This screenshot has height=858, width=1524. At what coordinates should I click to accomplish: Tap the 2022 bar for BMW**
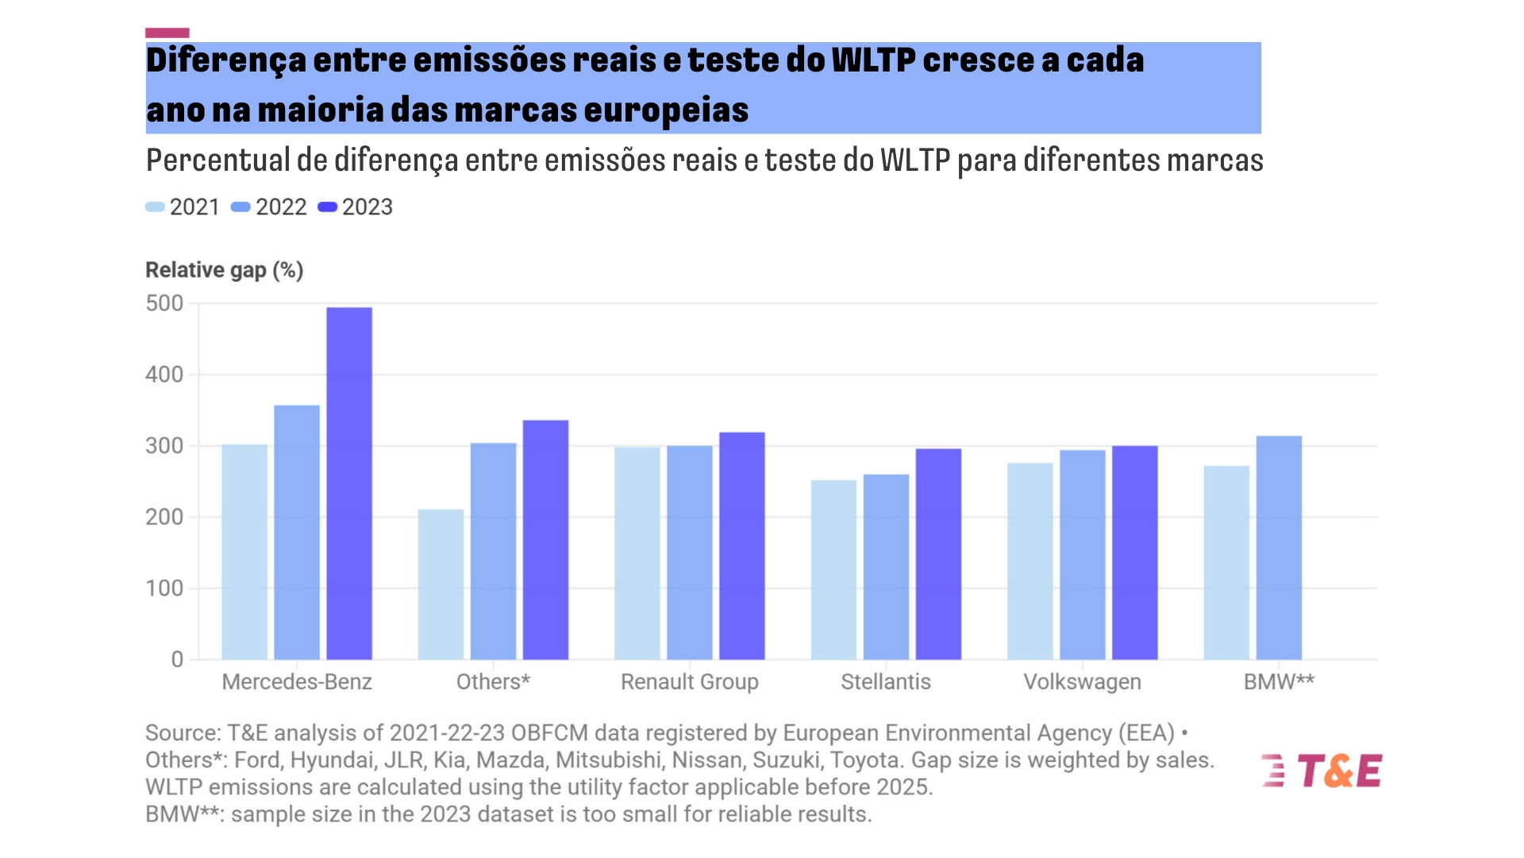[x=1279, y=547]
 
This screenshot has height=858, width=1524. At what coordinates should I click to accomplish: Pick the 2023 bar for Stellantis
[x=938, y=554]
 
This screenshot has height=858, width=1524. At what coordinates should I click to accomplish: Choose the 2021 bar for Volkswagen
[x=1030, y=561]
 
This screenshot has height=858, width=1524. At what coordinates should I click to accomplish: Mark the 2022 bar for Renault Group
[x=689, y=552]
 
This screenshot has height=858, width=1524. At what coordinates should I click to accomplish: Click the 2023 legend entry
[x=356, y=207]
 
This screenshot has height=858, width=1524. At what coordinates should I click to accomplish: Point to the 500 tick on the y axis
[x=164, y=303]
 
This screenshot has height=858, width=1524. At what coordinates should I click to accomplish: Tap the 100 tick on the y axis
[x=164, y=589]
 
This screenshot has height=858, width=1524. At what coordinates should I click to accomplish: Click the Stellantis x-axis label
[x=886, y=682]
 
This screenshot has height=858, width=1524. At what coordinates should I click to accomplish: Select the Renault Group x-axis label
[x=689, y=682]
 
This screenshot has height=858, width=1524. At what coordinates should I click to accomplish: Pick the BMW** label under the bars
[x=1279, y=682]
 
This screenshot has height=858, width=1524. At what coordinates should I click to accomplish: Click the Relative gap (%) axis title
[x=225, y=270]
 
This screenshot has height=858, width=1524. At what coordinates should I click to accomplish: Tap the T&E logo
[x=1322, y=771]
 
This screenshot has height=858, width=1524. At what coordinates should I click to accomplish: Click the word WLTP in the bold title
[x=873, y=60]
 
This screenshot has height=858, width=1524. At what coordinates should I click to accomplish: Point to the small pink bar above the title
[x=167, y=33]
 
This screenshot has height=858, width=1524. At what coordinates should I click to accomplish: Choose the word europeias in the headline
[x=666, y=110]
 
